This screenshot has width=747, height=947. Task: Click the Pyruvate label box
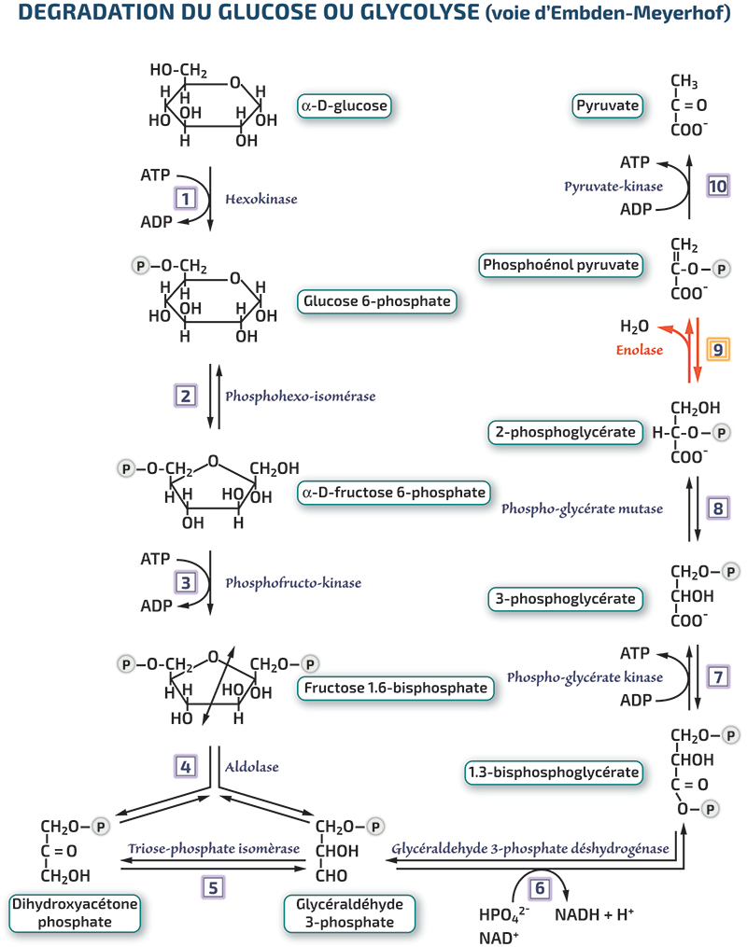click(607, 105)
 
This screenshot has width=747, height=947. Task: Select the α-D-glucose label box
click(345, 105)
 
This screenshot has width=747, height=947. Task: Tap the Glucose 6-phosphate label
click(376, 301)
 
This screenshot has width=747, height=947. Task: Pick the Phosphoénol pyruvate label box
click(560, 265)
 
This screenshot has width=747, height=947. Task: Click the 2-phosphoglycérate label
click(565, 432)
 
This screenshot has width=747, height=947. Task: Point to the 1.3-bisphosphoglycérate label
click(553, 773)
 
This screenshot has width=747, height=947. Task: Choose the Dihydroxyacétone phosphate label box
click(75, 913)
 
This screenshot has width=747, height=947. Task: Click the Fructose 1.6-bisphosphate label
click(395, 688)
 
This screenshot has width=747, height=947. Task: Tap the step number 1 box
click(186, 199)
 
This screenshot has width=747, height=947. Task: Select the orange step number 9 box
click(718, 350)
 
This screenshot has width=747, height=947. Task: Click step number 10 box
click(718, 186)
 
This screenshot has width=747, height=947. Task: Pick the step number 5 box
click(213, 888)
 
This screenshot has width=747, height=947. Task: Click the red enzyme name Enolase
click(640, 350)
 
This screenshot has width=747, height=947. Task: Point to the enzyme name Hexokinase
click(261, 199)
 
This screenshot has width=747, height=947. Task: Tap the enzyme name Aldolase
click(252, 767)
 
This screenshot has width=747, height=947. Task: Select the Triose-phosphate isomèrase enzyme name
click(214, 848)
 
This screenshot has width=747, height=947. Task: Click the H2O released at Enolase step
click(635, 327)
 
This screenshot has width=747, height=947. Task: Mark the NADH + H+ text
click(594, 914)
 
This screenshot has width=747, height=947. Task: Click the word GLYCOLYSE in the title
click(419, 12)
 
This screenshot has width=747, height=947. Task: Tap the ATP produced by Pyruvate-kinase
click(635, 162)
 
